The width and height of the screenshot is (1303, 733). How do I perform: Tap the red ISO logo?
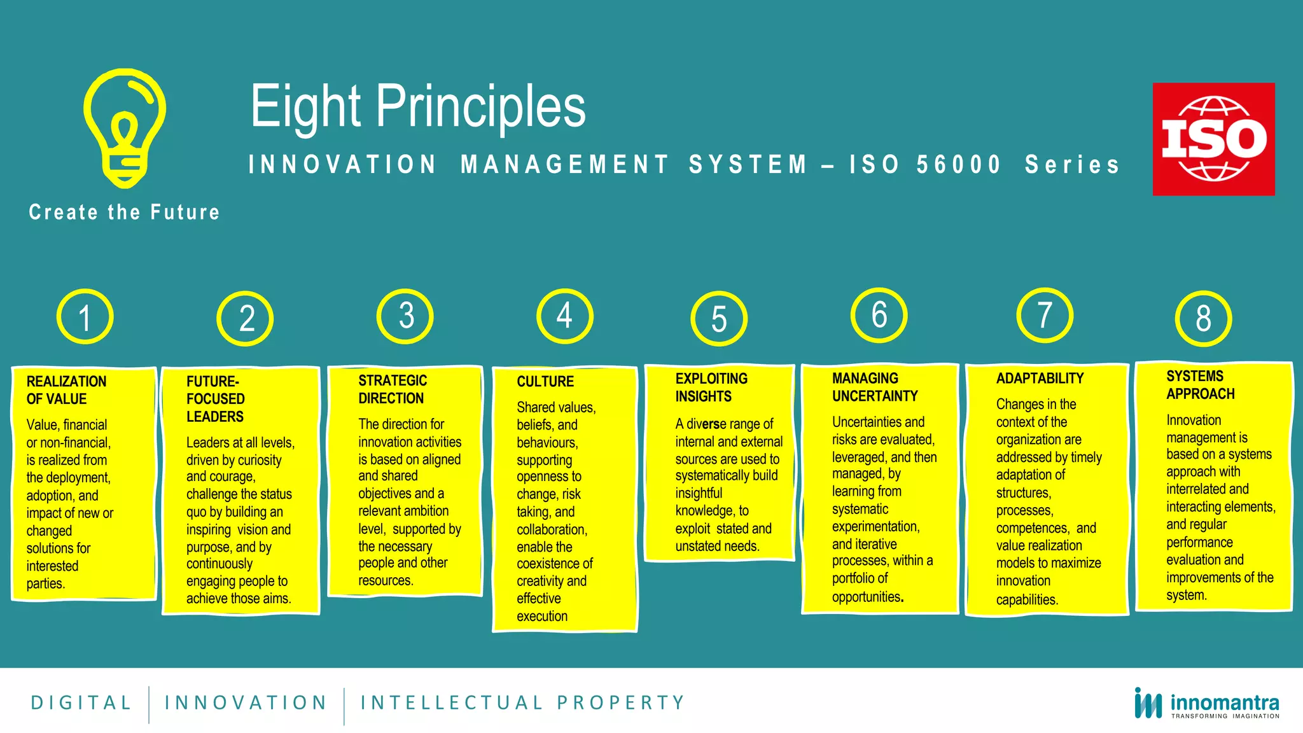pyautogui.click(x=1213, y=139)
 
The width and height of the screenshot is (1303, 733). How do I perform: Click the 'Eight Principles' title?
pyautogui.click(x=418, y=107)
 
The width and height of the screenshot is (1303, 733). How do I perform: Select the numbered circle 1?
pyautogui.click(x=85, y=317)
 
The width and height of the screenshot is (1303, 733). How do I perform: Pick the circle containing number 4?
pyautogui.click(x=564, y=316)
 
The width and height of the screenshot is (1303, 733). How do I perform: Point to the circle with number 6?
pyautogui.click(x=879, y=314)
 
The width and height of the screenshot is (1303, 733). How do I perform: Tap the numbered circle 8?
pyautogui.click(x=1202, y=318)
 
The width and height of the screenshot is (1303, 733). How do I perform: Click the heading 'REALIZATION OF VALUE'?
pyautogui.click(x=66, y=390)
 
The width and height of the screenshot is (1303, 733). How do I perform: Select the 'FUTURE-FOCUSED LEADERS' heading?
pyautogui.click(x=215, y=399)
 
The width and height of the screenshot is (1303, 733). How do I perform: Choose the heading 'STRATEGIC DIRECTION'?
pyautogui.click(x=392, y=389)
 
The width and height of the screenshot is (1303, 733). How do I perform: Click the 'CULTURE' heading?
pyautogui.click(x=545, y=382)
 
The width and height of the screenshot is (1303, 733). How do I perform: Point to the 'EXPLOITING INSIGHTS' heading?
pyautogui.click(x=711, y=387)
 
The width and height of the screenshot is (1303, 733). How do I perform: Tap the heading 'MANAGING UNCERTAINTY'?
pyautogui.click(x=875, y=387)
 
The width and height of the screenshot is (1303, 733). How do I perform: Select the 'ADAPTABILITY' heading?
pyautogui.click(x=1040, y=379)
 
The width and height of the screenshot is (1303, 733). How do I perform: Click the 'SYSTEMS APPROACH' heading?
pyautogui.click(x=1200, y=385)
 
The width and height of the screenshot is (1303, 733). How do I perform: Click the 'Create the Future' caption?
pyautogui.click(x=124, y=212)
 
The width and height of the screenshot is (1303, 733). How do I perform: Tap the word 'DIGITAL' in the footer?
pyautogui.click(x=81, y=702)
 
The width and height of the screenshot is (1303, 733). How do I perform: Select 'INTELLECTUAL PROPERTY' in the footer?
pyautogui.click(x=522, y=702)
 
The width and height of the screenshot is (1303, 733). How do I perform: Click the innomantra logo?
pyautogui.click(x=1206, y=704)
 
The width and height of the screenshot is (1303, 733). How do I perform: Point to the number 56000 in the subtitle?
pyautogui.click(x=959, y=165)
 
